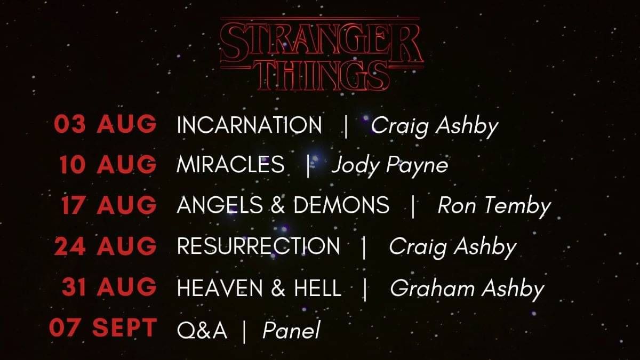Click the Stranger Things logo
pyautogui.click(x=322, y=54)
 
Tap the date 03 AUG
pyautogui.click(x=106, y=124)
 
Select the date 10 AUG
pyautogui.click(x=108, y=165)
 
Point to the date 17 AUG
pyautogui.click(x=109, y=205)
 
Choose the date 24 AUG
pyautogui.click(x=106, y=246)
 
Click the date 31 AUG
pyautogui.click(x=109, y=286)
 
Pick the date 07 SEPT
pyautogui.click(x=103, y=327)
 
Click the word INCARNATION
pyautogui.click(x=249, y=125)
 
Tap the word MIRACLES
pyautogui.click(x=230, y=165)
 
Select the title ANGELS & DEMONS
pyautogui.click(x=283, y=205)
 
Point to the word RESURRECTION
pyautogui.click(x=259, y=246)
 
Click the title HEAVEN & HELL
pyautogui.click(x=259, y=287)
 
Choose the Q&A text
pyautogui.click(x=202, y=330)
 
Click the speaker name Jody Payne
pyautogui.click(x=390, y=166)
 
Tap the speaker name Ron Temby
pyautogui.click(x=494, y=205)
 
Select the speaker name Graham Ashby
pyautogui.click(x=467, y=289)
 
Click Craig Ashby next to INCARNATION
pyautogui.click(x=435, y=126)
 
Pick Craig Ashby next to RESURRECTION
pyautogui.click(x=453, y=247)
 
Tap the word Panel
pyautogui.click(x=291, y=330)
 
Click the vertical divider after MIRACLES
pyautogui.click(x=308, y=166)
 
